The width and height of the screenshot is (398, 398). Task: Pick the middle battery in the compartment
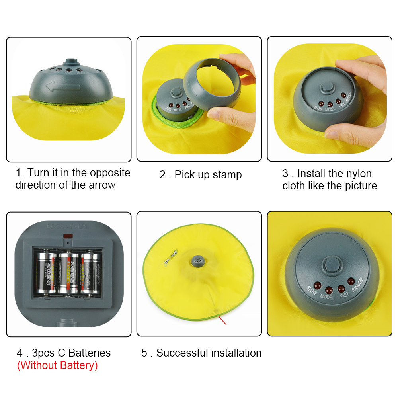[x=68, y=273]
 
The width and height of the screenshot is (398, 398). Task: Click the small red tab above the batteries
[x=68, y=240]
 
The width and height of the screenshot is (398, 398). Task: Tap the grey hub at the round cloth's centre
[x=198, y=261]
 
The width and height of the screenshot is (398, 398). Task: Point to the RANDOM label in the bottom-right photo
[x=358, y=287]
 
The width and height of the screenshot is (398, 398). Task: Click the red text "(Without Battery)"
[x=57, y=365]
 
